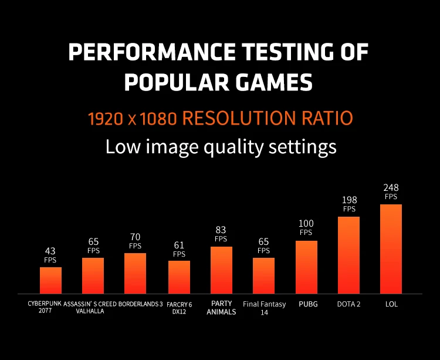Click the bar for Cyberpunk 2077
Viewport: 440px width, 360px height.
pyautogui.click(x=50, y=280)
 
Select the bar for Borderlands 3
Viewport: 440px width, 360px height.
pyautogui.click(x=135, y=273)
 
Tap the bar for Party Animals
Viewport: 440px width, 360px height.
pyautogui.click(x=221, y=270)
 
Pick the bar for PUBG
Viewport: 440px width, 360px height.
pyautogui.click(x=306, y=267)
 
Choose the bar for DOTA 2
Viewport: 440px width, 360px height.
pyautogui.click(x=348, y=255)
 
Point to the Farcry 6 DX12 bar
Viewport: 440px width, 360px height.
pyautogui.click(x=179, y=277)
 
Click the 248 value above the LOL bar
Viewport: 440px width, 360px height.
pyautogui.click(x=391, y=188)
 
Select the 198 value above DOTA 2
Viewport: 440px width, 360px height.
pyautogui.click(x=349, y=200)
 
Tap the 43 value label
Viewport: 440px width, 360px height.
pyautogui.click(x=50, y=251)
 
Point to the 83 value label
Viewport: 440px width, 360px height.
pyautogui.click(x=221, y=230)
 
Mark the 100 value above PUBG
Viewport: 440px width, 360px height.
pyautogui.click(x=306, y=224)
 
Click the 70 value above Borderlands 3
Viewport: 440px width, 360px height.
pyautogui.click(x=135, y=237)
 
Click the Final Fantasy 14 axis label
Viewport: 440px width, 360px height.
pyautogui.click(x=264, y=308)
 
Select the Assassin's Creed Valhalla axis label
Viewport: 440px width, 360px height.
pyautogui.click(x=90, y=308)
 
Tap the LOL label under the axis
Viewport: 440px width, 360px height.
pyautogui.click(x=391, y=304)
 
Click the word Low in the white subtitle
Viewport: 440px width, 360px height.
pyautogui.click(x=121, y=146)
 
